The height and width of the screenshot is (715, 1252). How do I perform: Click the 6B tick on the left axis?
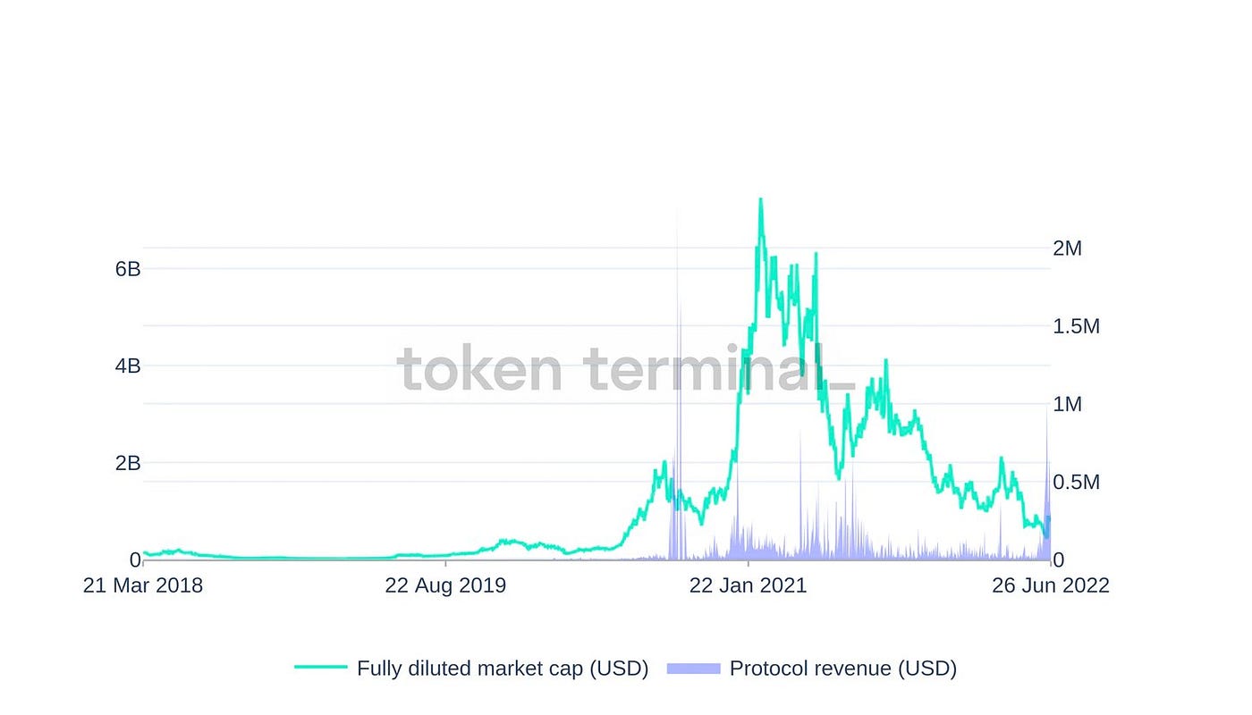point(128,269)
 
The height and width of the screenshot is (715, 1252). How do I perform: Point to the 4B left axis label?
point(128,366)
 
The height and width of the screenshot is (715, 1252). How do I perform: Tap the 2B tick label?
point(128,463)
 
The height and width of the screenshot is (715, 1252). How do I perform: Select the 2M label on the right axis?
point(1068,248)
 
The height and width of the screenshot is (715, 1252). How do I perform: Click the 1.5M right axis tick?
point(1077,326)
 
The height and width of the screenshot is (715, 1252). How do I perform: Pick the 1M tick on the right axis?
point(1068,404)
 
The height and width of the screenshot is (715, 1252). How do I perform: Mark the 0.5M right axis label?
point(1077,483)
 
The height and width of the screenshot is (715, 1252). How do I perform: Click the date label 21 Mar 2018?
point(143,585)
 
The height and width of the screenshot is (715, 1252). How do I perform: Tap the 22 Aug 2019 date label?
point(445,585)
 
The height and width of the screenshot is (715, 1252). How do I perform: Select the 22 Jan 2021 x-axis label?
point(749,585)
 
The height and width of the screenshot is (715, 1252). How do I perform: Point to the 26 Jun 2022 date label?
point(1051,585)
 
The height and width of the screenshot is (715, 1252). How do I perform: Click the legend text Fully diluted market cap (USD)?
point(503,669)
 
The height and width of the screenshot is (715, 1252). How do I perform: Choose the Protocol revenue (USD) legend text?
point(843,669)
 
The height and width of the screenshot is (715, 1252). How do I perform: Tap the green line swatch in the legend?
point(320,668)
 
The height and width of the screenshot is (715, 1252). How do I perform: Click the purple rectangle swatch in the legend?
point(693,668)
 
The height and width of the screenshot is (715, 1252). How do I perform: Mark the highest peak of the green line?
point(761,199)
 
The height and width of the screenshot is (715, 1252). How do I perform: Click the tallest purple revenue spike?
point(677,214)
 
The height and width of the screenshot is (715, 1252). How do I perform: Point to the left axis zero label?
point(135,560)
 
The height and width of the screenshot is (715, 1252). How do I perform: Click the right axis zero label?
point(1059,560)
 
